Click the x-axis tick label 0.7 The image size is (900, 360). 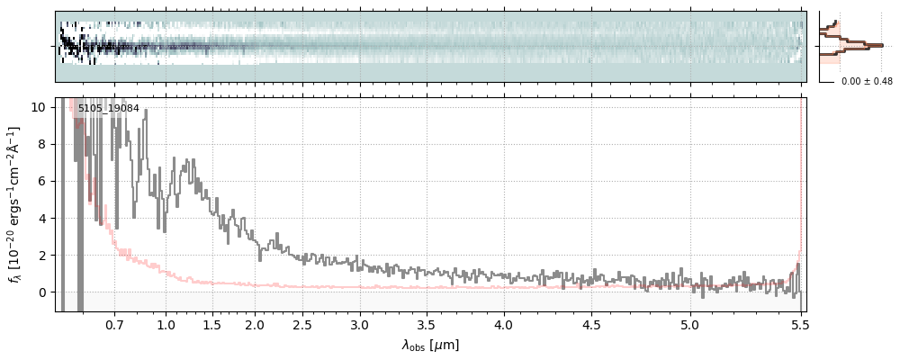(x=114, y=325)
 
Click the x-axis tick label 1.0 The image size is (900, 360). (x=166, y=325)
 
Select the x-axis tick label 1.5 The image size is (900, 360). (x=212, y=325)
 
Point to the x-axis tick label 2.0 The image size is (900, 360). (x=255, y=325)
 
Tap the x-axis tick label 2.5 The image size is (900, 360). (x=302, y=325)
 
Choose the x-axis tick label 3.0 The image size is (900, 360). (x=360, y=325)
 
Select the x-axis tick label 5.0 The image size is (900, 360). (x=689, y=325)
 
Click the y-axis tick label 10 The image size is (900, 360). (x=39, y=107)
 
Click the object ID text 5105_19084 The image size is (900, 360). (x=108, y=109)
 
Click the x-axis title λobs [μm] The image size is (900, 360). (x=430, y=345)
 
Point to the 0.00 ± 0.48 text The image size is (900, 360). (x=867, y=82)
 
